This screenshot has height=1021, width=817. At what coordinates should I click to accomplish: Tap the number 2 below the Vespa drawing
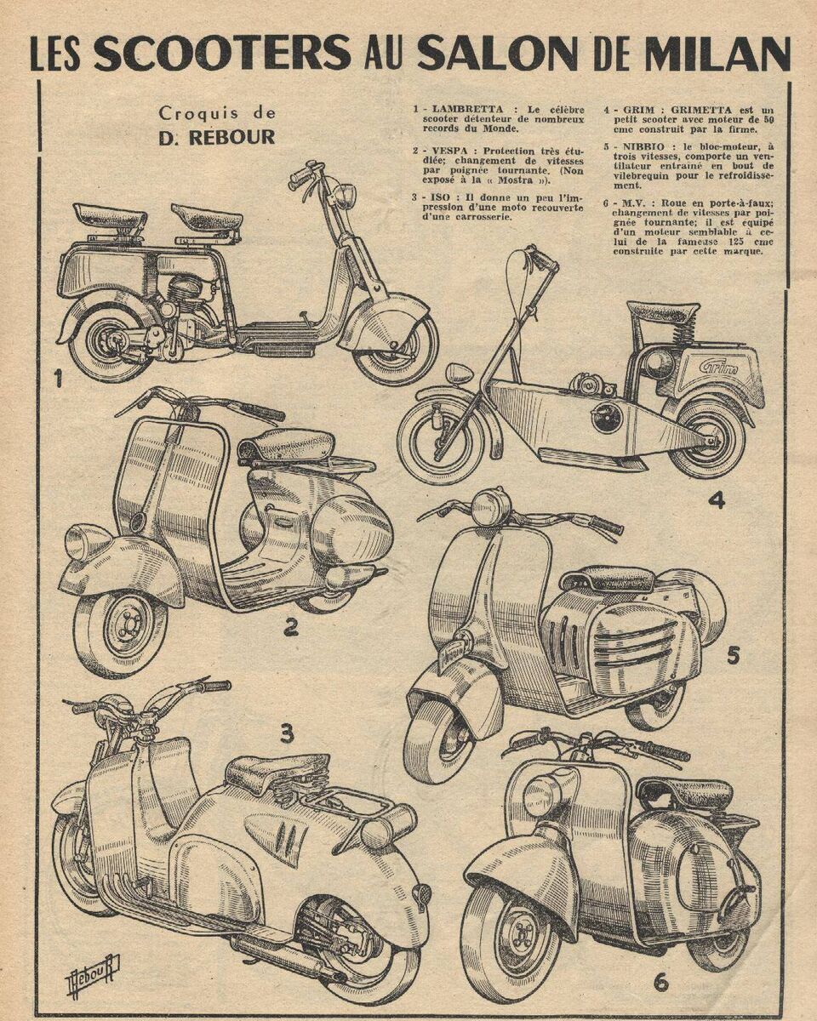pos(291,628)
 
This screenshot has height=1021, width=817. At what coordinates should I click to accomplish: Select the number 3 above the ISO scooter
pos(287,731)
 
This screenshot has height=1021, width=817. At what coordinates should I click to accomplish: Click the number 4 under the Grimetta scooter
pos(717,499)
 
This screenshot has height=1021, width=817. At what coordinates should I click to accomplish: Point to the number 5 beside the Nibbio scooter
pos(733,655)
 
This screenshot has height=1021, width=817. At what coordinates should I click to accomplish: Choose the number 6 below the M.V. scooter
pos(660,981)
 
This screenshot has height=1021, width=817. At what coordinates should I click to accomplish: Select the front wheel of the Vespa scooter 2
pos(121,631)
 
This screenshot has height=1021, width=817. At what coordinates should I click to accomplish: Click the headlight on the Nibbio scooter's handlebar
pos(491,507)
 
